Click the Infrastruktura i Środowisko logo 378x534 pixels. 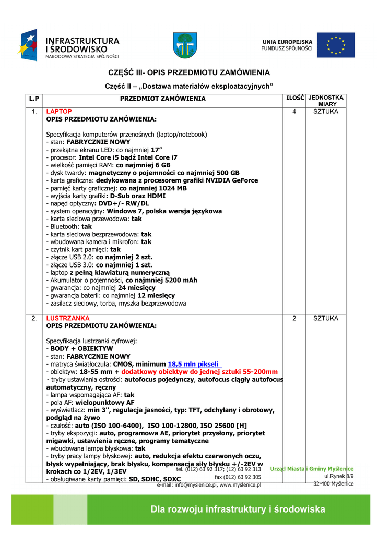tap(70, 45)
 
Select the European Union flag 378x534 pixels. tap(335, 45)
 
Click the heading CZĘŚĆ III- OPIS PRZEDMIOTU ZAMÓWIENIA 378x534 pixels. tap(189, 72)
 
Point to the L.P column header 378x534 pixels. tap(34, 99)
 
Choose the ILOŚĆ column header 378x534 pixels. tap(294, 98)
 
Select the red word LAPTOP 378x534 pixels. tap(59, 112)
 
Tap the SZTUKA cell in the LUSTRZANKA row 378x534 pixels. tap(325, 318)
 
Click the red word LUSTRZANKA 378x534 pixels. tap(68, 318)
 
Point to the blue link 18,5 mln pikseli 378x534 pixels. tap(194, 364)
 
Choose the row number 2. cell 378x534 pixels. tap(34, 318)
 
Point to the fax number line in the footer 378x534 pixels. tap(238, 477)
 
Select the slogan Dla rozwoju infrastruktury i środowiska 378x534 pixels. tap(238, 509)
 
